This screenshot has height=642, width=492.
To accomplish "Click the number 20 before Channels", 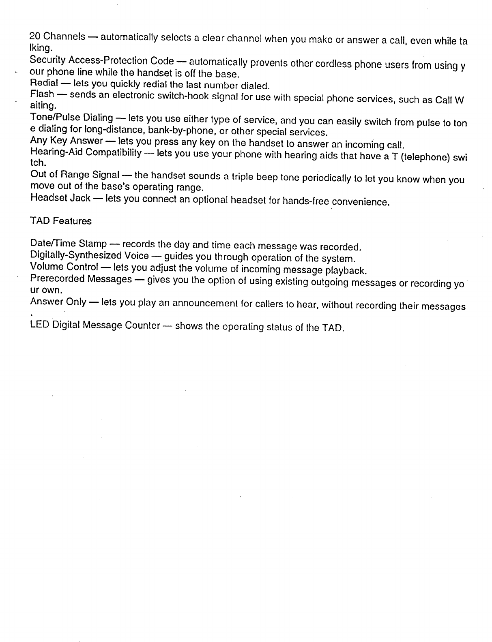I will (35, 36).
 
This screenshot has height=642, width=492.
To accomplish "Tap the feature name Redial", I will (42, 83).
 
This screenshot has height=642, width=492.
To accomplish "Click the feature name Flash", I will (42, 94).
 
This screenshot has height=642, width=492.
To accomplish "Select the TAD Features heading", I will (61, 221).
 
